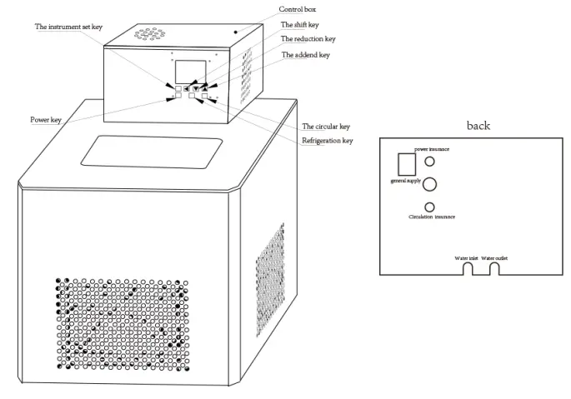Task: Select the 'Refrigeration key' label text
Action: point(327,141)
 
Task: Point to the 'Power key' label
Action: point(46,120)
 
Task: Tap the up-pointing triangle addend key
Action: point(203,87)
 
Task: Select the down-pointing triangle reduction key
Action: point(195,87)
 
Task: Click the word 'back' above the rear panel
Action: point(478,126)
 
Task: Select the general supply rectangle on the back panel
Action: point(406,163)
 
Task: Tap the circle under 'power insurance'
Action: point(429,162)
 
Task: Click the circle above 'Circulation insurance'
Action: point(429,207)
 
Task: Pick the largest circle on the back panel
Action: point(430,184)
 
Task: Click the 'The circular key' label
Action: point(325,127)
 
